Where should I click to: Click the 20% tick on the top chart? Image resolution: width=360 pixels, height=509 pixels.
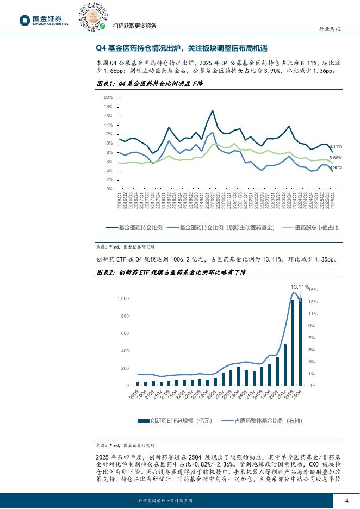click(108, 97)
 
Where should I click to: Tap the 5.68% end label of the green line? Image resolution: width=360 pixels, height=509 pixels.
click(336, 158)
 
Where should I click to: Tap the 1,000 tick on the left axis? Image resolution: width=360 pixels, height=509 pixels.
click(123, 299)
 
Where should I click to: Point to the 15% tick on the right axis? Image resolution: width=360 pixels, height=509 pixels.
click(313, 290)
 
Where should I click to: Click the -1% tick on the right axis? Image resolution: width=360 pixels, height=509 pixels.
click(313, 386)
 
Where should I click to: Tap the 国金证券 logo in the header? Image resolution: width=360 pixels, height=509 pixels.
click(45, 21)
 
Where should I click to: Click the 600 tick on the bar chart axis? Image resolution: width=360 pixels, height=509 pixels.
click(125, 333)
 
